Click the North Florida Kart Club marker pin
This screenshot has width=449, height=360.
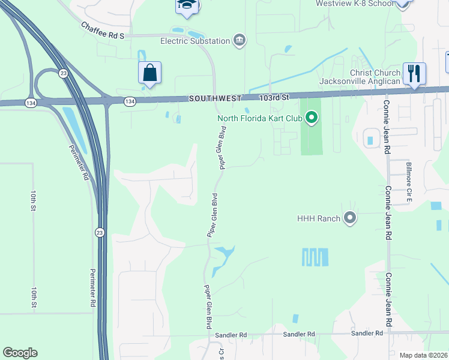[311, 118]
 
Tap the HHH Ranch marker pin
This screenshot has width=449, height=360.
[351, 218]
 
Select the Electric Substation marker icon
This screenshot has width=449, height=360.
[240, 40]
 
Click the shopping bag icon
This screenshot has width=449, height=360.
[149, 73]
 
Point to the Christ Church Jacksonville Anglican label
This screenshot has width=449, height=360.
[359, 76]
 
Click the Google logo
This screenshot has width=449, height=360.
[20, 353]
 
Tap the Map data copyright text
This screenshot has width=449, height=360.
[423, 355]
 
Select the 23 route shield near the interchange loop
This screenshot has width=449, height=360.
[63, 73]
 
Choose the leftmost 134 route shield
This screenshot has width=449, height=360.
[31, 103]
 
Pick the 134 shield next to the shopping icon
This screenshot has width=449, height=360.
[130, 102]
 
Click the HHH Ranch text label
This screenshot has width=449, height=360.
[318, 218]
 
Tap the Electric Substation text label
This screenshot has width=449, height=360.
[195, 41]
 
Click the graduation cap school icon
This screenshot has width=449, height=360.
[186, 5]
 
